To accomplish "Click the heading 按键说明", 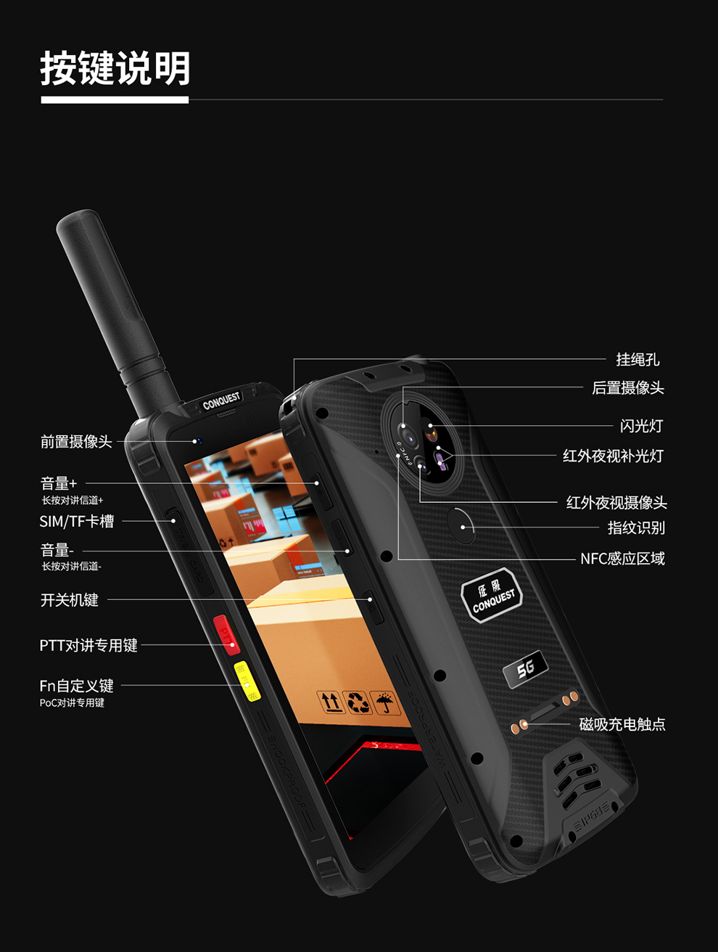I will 115,68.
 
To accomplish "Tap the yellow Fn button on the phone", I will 247,681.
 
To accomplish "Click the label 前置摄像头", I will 76,441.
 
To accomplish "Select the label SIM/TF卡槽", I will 77,521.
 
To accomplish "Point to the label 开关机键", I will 70,600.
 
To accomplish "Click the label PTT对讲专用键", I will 88,645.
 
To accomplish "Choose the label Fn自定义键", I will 77,686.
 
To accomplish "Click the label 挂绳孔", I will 637,359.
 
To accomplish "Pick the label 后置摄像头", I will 628,388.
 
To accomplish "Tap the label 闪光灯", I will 641,426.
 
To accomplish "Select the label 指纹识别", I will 636,528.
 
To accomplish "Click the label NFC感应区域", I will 622,559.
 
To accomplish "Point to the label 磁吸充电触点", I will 622,724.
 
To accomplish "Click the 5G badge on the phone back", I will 525,668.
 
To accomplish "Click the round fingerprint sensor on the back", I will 460,524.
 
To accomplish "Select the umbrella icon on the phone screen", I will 384,702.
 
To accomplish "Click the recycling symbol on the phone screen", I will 358,702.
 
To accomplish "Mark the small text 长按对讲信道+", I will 73,500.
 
